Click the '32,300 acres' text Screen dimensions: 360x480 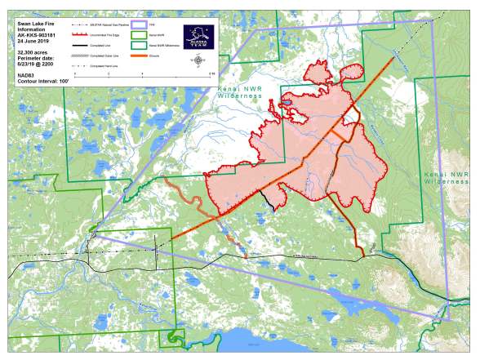(33, 51)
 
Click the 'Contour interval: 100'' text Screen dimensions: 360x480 (42, 81)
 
